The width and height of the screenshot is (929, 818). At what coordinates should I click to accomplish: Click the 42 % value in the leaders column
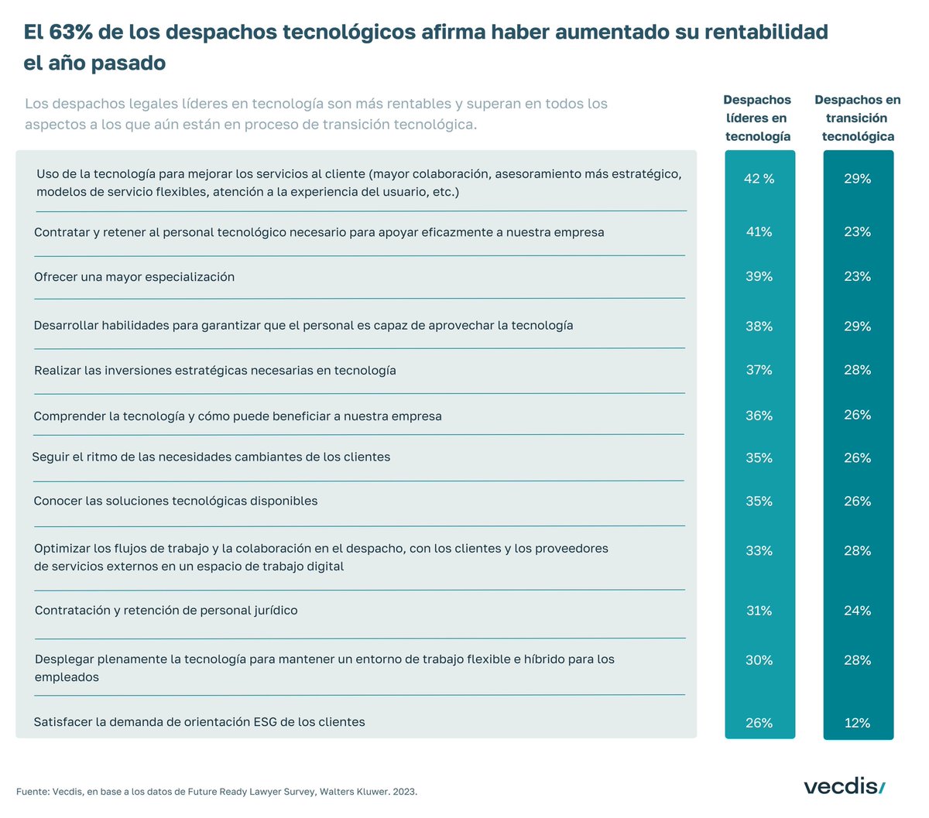click(x=759, y=179)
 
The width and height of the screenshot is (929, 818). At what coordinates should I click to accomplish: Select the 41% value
click(x=759, y=232)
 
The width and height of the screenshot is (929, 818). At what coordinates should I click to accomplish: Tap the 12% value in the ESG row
click(x=857, y=723)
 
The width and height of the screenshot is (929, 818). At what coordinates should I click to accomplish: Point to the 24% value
click(x=857, y=611)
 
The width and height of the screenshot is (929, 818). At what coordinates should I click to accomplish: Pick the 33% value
click(x=759, y=551)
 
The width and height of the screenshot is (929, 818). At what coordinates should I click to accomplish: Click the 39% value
click(x=759, y=277)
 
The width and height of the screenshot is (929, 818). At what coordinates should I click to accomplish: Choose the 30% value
click(x=759, y=660)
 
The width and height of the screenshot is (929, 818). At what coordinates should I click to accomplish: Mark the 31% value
click(x=759, y=611)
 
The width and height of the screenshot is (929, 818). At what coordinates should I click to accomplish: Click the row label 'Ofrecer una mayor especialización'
click(x=134, y=277)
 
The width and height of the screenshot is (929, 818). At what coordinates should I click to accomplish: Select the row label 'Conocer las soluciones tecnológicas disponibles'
click(x=176, y=501)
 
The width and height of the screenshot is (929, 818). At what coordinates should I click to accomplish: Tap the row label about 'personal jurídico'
click(x=166, y=611)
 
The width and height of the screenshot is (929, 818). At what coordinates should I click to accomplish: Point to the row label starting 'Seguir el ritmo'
click(x=211, y=457)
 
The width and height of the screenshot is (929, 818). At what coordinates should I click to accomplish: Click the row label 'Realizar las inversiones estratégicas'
click(x=214, y=371)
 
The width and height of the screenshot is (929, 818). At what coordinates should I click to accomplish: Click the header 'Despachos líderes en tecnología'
click(x=757, y=118)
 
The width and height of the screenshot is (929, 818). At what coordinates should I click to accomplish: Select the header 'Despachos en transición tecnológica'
click(x=857, y=118)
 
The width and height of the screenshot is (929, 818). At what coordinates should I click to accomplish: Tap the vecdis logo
click(x=844, y=787)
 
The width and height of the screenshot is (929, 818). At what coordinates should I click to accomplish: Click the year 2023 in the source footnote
click(x=404, y=792)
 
